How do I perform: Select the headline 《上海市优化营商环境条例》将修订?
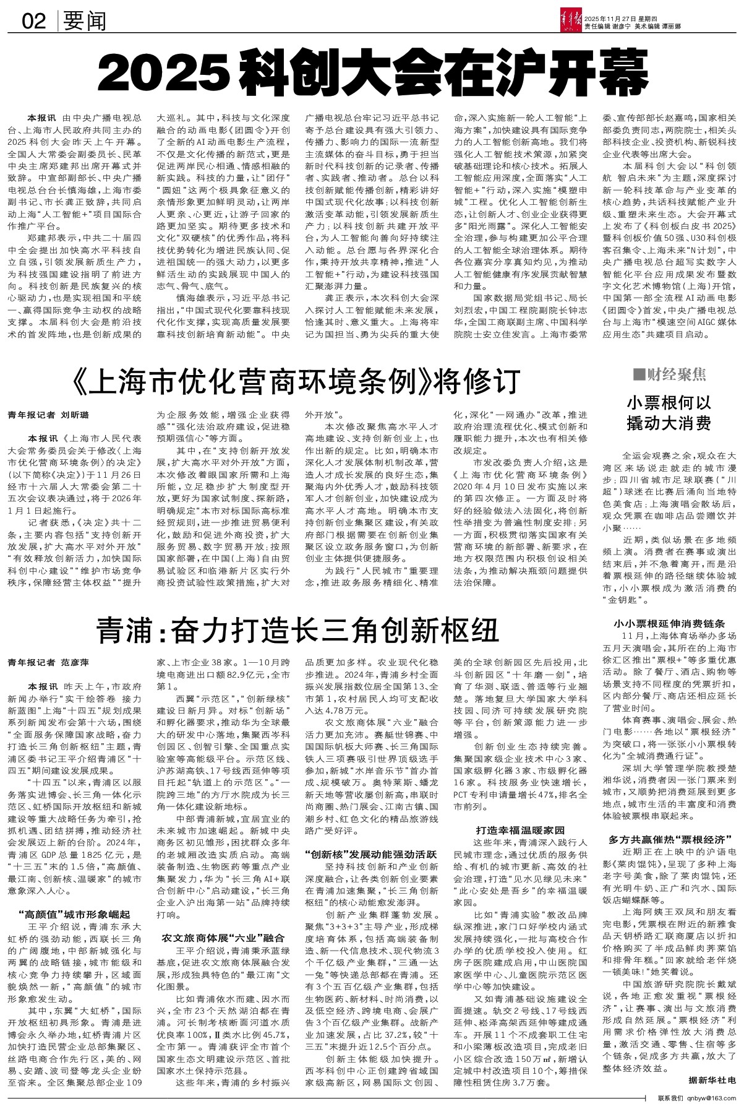(294, 381)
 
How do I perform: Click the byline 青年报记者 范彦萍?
(48, 662)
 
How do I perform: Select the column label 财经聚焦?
(670, 375)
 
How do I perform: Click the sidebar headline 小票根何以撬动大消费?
(670, 414)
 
